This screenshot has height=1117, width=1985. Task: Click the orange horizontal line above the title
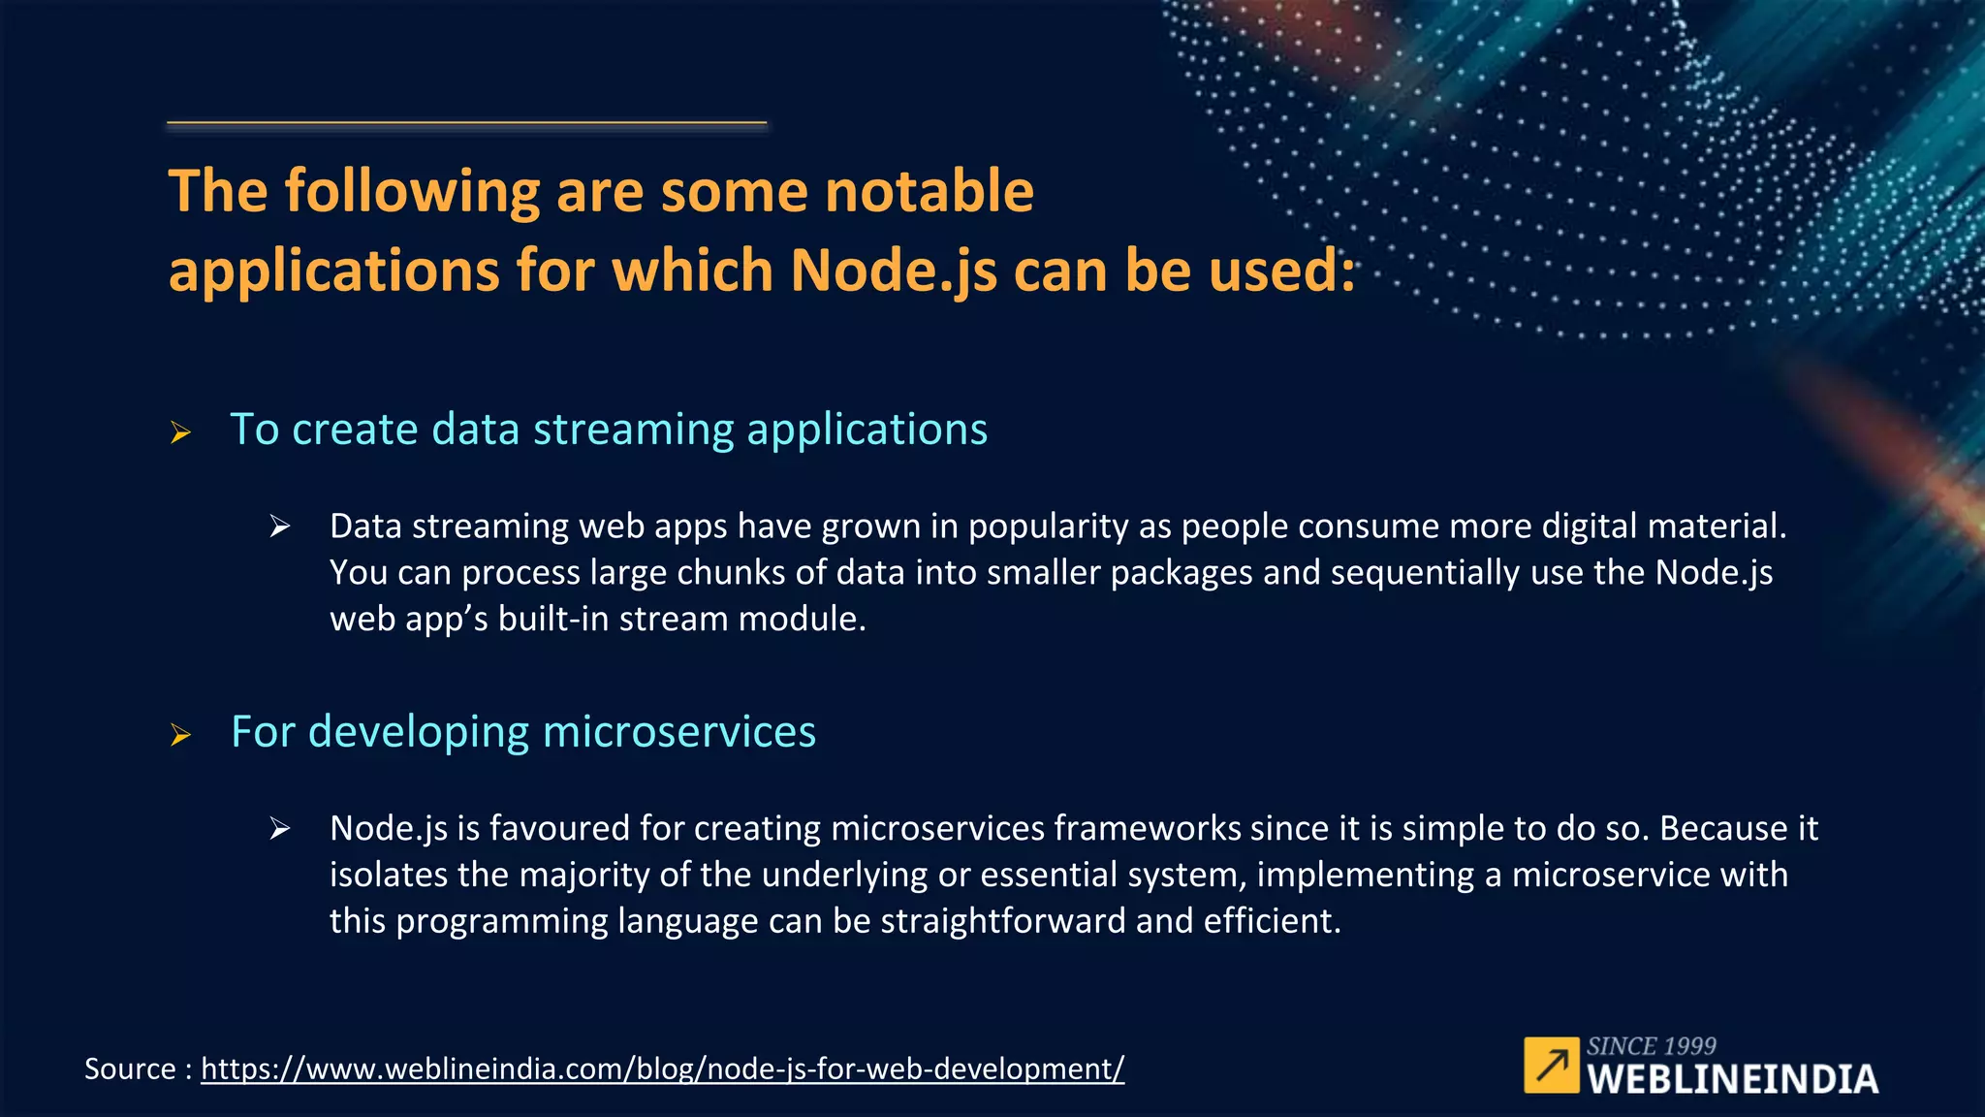click(466, 123)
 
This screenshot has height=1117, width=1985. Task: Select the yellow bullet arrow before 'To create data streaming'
click(180, 432)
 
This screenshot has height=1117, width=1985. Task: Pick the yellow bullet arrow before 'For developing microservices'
click(180, 735)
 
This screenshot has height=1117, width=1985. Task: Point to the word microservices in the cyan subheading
click(679, 732)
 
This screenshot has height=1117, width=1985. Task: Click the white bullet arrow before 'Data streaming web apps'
click(279, 527)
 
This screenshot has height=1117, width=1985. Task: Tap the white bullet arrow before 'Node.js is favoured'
click(279, 828)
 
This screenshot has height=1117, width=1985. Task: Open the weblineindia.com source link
click(662, 1069)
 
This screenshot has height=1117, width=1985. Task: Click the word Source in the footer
click(130, 1069)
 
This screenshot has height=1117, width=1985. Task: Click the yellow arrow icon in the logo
click(1551, 1066)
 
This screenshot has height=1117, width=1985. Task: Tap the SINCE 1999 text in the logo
click(1651, 1046)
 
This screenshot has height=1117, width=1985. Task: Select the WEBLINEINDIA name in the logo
click(1732, 1079)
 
